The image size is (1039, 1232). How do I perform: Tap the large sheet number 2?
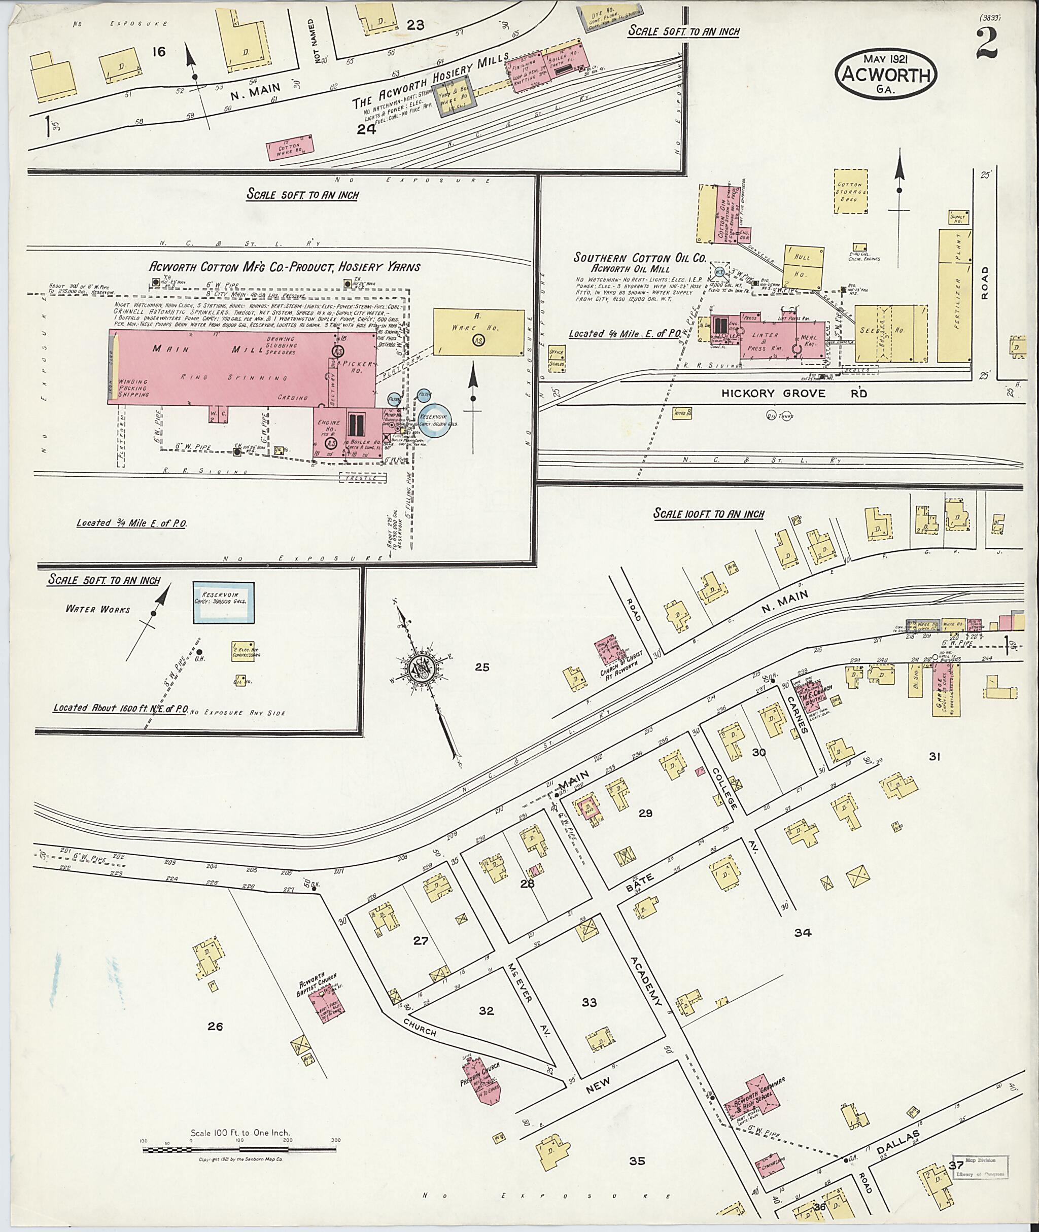(987, 44)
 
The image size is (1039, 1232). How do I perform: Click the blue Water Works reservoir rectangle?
(224, 603)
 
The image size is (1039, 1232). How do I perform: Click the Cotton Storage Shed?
(850, 193)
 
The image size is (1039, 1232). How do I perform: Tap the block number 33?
(589, 1002)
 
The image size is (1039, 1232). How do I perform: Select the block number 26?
(215, 1027)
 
